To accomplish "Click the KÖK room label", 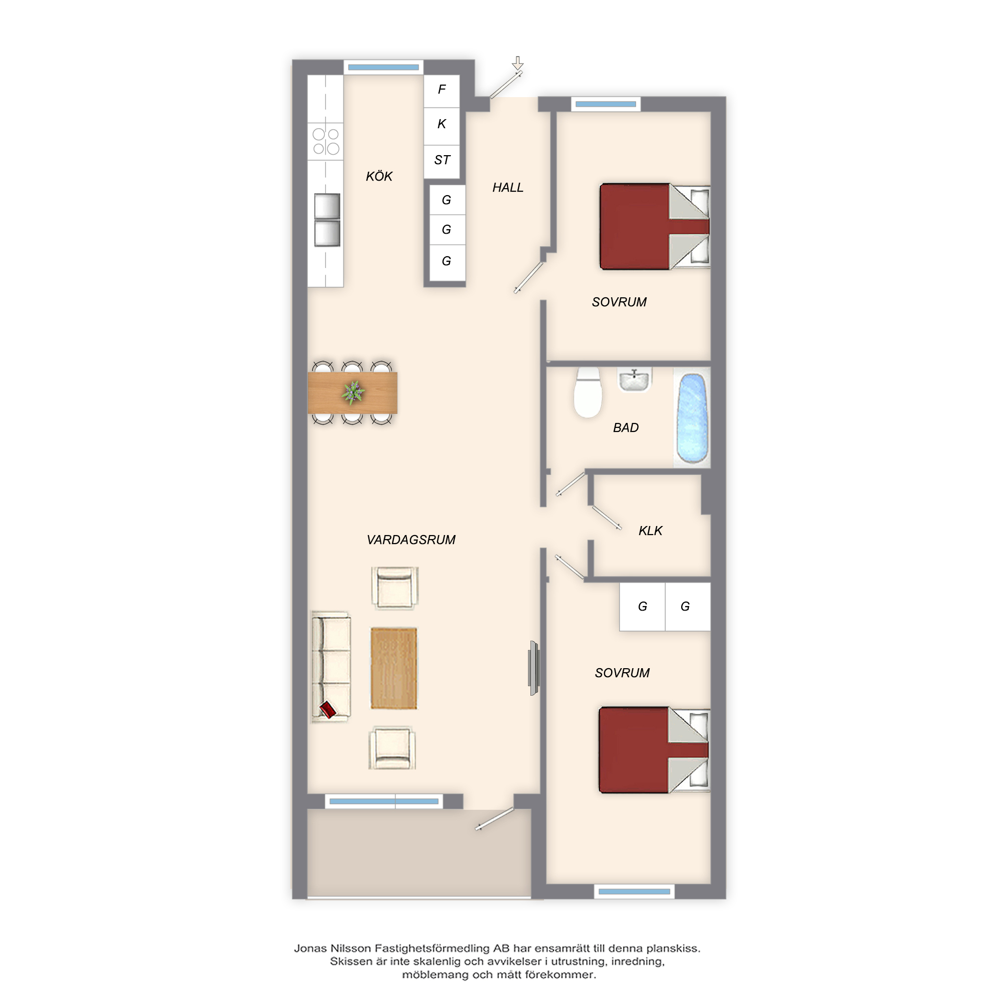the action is [379, 176].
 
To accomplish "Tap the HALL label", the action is [508, 188].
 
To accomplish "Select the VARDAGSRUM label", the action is [411, 540].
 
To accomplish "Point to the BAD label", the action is [626, 427].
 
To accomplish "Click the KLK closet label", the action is [650, 531].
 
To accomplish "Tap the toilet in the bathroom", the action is [588, 392].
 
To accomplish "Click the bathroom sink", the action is [634, 380].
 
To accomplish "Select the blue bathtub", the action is [693, 418].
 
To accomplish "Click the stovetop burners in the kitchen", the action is [325, 142].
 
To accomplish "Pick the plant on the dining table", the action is [353, 393].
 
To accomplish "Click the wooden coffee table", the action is [394, 668].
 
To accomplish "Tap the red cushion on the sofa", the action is [327, 709].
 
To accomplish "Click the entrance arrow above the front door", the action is [518, 63].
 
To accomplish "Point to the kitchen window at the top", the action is [383, 68].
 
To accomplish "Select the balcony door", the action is [495, 819].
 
